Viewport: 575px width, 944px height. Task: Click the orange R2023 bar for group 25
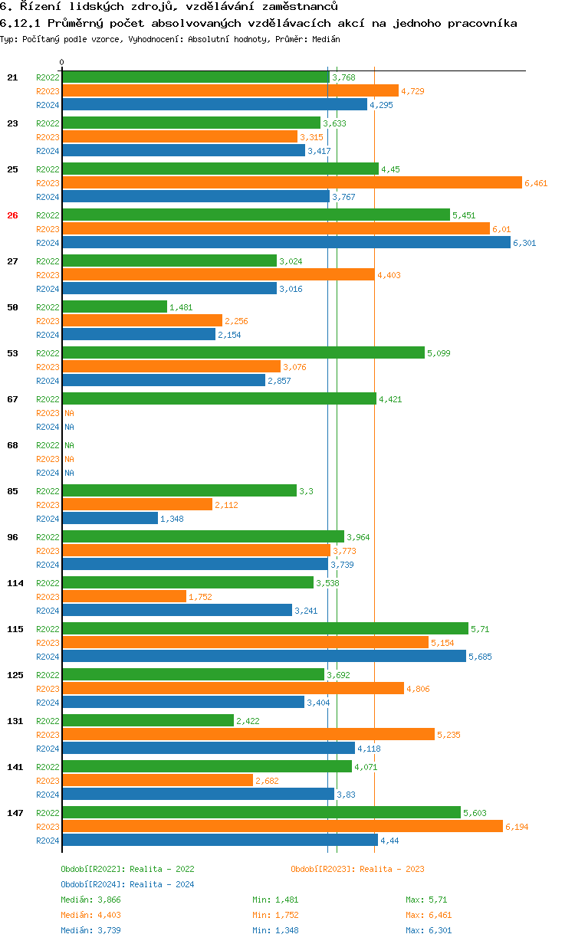291,182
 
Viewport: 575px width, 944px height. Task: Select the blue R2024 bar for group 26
286,242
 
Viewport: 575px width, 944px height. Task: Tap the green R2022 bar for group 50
114,306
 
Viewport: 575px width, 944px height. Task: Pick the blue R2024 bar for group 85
110,518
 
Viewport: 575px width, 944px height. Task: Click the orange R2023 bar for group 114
124,596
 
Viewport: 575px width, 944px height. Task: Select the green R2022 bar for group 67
219,398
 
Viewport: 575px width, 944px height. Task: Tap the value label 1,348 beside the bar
172,519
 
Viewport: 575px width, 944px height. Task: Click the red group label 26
12,215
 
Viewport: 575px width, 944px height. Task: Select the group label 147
15,813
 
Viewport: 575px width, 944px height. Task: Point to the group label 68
12,445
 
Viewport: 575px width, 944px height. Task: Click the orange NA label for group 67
69,413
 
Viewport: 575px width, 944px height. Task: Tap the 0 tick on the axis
62,63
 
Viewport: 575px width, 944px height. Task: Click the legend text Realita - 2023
392,869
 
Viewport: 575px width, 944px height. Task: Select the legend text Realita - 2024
162,884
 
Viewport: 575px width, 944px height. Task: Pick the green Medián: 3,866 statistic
90,900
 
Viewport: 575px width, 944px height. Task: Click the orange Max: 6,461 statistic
429,915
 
